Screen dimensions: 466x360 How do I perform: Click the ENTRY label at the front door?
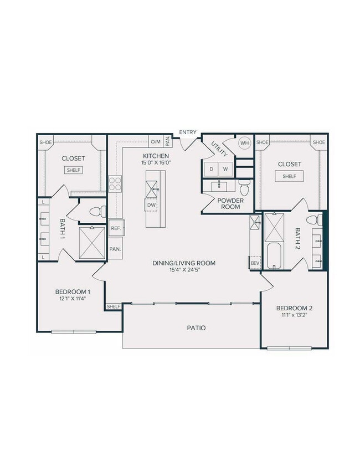[x=187, y=132]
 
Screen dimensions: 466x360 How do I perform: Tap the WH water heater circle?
[x=244, y=142]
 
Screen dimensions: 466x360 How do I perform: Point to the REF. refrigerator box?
[x=116, y=228]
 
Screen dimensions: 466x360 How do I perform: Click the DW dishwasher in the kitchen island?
[x=152, y=205]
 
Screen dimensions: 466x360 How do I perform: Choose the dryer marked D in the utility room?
[x=211, y=168]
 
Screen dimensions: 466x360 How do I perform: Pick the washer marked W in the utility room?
[x=225, y=168]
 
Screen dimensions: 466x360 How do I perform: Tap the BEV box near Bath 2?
[x=255, y=263]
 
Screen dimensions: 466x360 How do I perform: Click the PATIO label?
[x=196, y=328]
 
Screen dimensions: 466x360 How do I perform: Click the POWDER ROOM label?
[x=228, y=203]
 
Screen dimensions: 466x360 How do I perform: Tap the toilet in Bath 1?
[x=98, y=211]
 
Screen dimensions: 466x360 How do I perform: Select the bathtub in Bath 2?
[x=274, y=255]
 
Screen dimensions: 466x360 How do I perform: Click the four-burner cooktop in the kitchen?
[x=115, y=183]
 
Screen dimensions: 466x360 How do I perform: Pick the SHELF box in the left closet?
[x=74, y=170]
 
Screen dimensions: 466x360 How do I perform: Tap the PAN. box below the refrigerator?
[x=115, y=249]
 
